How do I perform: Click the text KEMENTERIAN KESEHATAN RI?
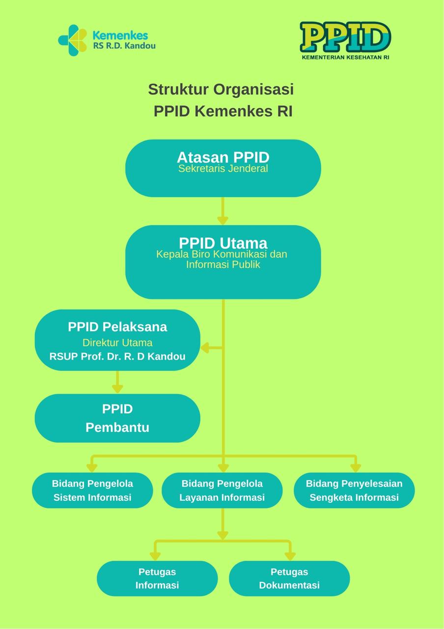345,57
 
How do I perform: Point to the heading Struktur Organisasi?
221,89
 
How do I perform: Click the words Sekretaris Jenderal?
223,169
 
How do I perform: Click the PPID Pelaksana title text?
117,327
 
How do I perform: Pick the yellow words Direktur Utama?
117,343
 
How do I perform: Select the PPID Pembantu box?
117,418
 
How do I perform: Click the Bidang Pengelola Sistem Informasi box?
92,490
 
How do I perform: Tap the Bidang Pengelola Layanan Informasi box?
222,490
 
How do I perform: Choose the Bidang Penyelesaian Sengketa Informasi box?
354,490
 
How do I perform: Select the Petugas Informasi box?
157,578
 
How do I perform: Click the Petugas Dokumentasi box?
289,578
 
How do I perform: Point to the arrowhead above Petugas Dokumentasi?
290,555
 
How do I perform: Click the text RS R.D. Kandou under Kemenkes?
124,46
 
